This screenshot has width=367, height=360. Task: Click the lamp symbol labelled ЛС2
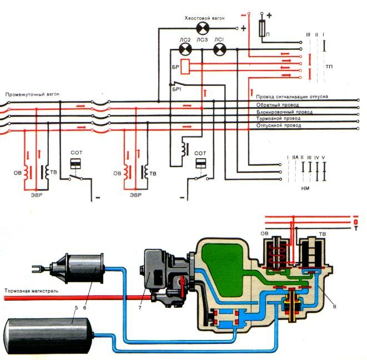[185, 50]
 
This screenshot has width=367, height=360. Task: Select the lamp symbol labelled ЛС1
[219, 50]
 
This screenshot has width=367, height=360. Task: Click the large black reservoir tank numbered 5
[50, 333]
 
